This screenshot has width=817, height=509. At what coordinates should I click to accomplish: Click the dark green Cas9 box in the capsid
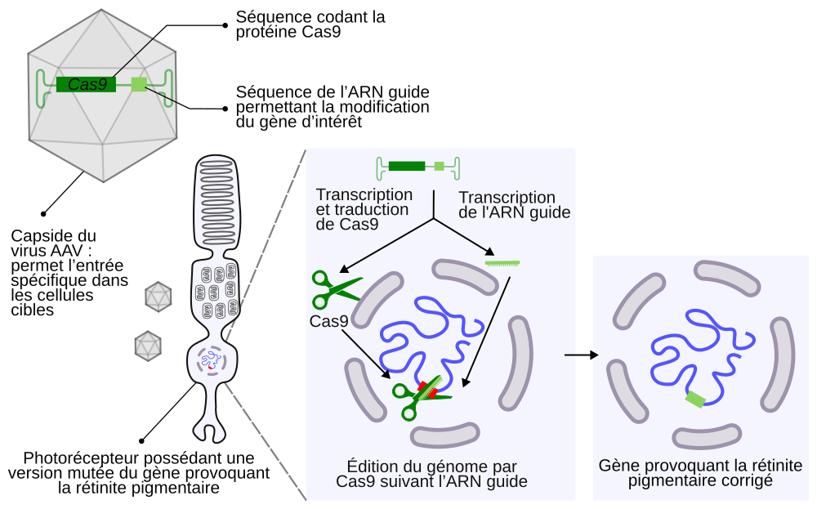(87, 83)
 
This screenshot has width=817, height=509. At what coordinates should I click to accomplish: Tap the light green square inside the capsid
(139, 83)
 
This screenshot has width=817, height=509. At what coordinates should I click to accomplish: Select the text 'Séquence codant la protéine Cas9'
(310, 25)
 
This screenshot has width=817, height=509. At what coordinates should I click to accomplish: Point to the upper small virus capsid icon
(157, 296)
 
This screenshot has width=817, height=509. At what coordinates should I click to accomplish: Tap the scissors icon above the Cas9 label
(335, 287)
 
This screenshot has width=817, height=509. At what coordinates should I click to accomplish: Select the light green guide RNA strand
(502, 263)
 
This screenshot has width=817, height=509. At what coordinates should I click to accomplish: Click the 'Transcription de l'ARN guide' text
(514, 205)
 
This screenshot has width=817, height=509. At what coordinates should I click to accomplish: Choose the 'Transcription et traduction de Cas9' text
(364, 209)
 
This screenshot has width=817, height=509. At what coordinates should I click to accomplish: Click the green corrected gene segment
(695, 399)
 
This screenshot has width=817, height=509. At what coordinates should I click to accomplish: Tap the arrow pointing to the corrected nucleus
(582, 355)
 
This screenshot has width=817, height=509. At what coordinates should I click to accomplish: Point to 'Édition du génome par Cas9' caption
(431, 474)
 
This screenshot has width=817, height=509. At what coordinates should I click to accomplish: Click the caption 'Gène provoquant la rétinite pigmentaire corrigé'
(700, 473)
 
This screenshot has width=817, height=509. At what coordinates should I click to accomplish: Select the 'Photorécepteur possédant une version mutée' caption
(139, 473)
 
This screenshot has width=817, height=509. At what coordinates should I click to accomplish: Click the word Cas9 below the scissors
(328, 321)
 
